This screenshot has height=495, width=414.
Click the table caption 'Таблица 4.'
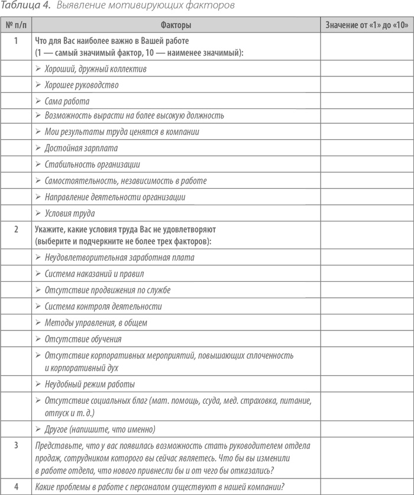tap(23, 7)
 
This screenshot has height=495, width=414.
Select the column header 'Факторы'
tap(176, 25)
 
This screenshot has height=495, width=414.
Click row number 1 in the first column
tap(17, 41)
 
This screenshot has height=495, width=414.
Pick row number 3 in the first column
tap(17, 445)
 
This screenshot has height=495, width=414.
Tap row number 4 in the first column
tap(17, 487)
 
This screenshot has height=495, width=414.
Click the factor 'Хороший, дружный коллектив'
tap(87, 69)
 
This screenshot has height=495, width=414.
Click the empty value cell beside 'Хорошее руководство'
tap(366, 85)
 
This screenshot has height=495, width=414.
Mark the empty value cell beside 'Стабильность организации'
tap(366, 165)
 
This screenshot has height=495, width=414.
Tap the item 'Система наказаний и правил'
tap(86, 274)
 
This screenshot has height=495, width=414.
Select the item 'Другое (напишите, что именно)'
tap(99, 429)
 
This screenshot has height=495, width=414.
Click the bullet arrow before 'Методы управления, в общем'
tap(38, 323)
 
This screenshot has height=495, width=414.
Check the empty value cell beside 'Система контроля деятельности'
tap(366, 307)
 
